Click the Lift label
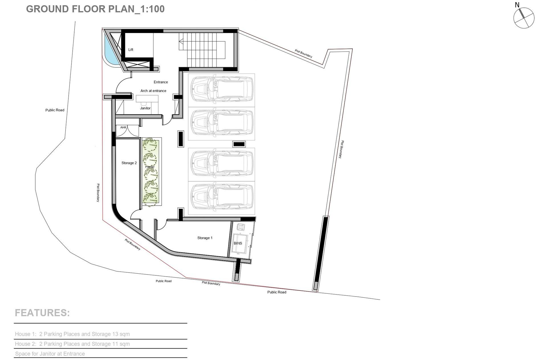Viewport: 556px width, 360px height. coord(131,50)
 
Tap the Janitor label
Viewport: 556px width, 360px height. coord(145,108)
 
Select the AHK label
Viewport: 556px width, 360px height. coord(123,127)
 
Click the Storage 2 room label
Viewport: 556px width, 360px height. coord(129,163)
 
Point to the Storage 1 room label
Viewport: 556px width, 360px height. coord(205,238)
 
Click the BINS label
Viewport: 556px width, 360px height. coord(238,243)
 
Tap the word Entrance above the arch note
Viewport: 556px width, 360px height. coord(161,82)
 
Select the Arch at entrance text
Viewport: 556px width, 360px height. coord(153,91)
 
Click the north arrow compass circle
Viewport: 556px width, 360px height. coord(524,18)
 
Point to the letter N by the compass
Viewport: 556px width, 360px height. coord(517,5)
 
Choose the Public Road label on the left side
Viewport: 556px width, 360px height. coord(55,110)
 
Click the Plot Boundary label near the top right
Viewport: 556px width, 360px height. coord(303,54)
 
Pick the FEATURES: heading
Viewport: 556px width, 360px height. coord(42,313)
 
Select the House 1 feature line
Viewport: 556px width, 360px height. coord(72,334)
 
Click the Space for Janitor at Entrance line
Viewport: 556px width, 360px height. coord(50,354)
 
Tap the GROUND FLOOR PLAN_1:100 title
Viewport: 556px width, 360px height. coord(95,9)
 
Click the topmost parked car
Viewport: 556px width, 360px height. coord(221,89)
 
